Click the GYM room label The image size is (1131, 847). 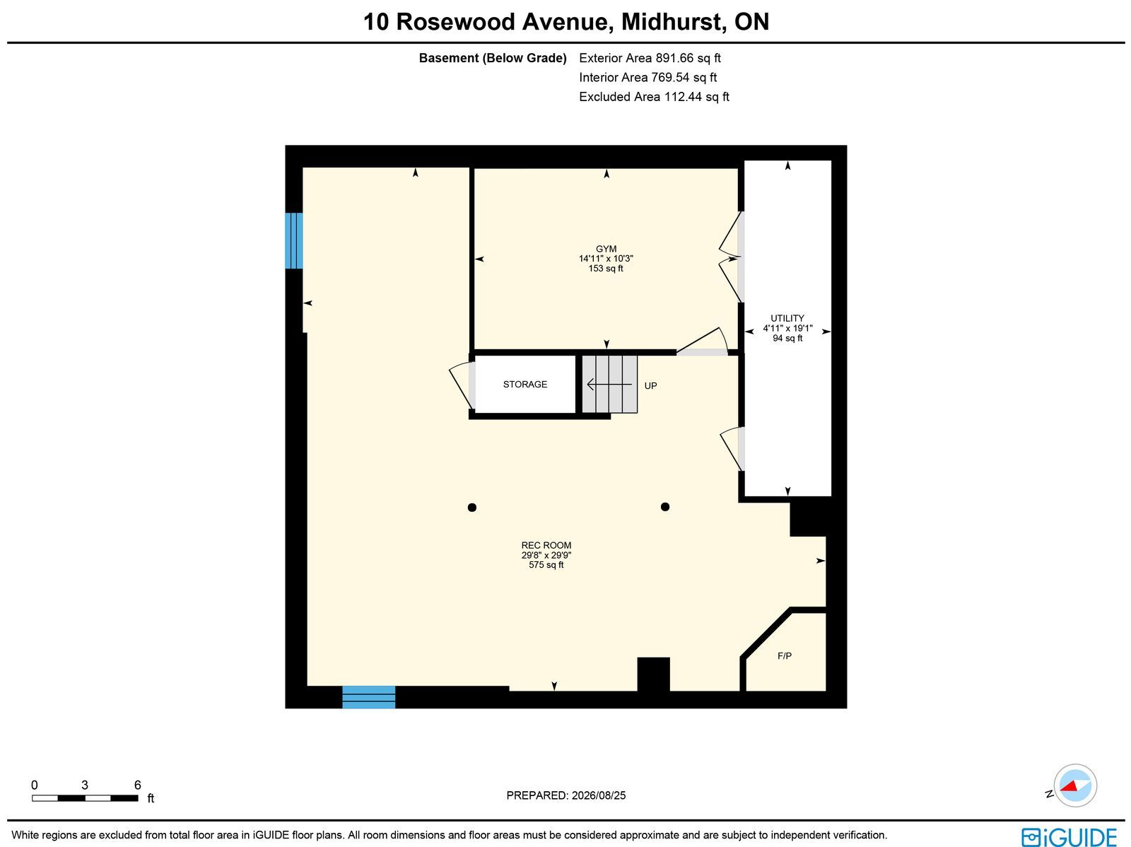point(606,249)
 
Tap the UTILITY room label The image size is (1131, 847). point(787,318)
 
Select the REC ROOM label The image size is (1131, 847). point(546,545)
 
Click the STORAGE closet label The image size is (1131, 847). point(525,385)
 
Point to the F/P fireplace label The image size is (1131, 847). point(784,656)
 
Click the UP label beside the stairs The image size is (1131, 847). point(651,386)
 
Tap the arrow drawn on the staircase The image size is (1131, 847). point(609,385)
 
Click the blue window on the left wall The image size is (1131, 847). point(293,240)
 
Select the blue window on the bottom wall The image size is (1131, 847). point(369,697)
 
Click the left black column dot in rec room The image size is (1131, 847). point(472,508)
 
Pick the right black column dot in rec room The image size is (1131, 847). point(665,507)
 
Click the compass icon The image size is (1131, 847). point(1075,785)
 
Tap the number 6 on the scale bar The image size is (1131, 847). point(138,785)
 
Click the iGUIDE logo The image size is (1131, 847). point(1070,836)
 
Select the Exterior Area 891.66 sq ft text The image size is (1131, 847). point(650,58)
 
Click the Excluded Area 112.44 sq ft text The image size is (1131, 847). point(654,97)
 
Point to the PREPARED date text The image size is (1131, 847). point(565,795)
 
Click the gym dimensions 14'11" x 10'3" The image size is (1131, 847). point(606,259)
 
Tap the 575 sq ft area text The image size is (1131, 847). point(546,565)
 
